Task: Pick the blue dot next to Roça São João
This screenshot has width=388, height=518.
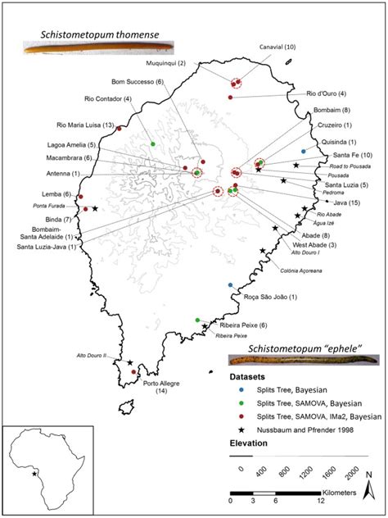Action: pyautogui.click(x=231, y=285)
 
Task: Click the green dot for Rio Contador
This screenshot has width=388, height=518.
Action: pyautogui.click(x=153, y=144)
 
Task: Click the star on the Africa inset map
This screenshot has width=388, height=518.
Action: pyautogui.click(x=34, y=474)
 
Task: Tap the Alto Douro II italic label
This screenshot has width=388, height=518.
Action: pyautogui.click(x=91, y=355)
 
